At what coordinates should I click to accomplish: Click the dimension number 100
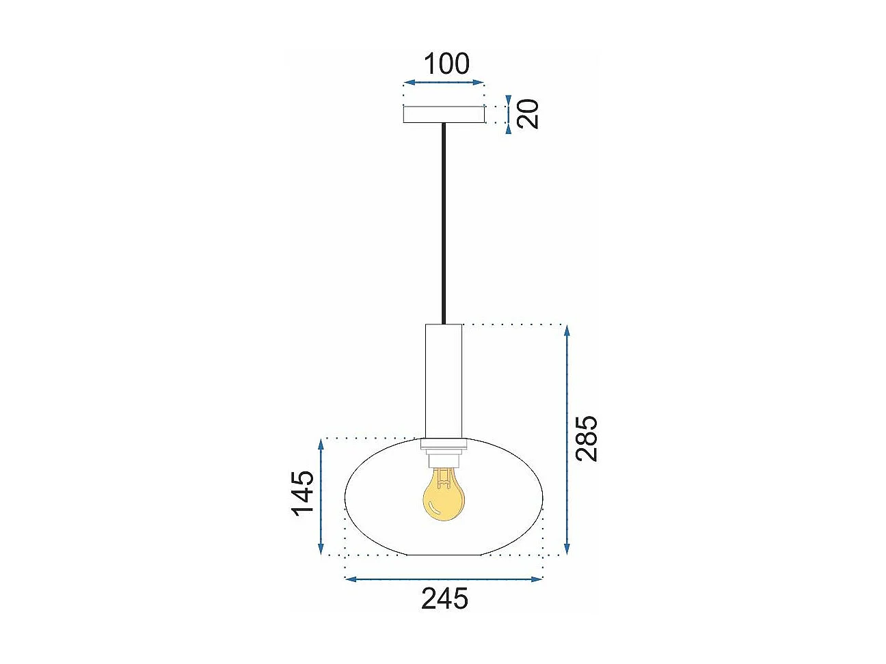[446, 64]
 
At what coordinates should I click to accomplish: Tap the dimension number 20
[528, 113]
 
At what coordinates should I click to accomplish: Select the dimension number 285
[586, 439]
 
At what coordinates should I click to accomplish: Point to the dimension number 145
[303, 493]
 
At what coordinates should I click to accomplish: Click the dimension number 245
[444, 599]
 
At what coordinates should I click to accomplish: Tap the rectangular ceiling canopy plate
[444, 114]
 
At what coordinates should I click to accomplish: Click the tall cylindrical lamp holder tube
[443, 380]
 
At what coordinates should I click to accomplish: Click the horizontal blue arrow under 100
[444, 83]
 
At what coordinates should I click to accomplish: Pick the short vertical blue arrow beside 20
[508, 114]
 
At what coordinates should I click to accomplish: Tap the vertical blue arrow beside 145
[321, 497]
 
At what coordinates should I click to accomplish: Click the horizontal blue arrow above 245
[444, 579]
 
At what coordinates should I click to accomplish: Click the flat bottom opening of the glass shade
[443, 555]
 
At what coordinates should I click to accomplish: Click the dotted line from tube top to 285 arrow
[513, 324]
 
